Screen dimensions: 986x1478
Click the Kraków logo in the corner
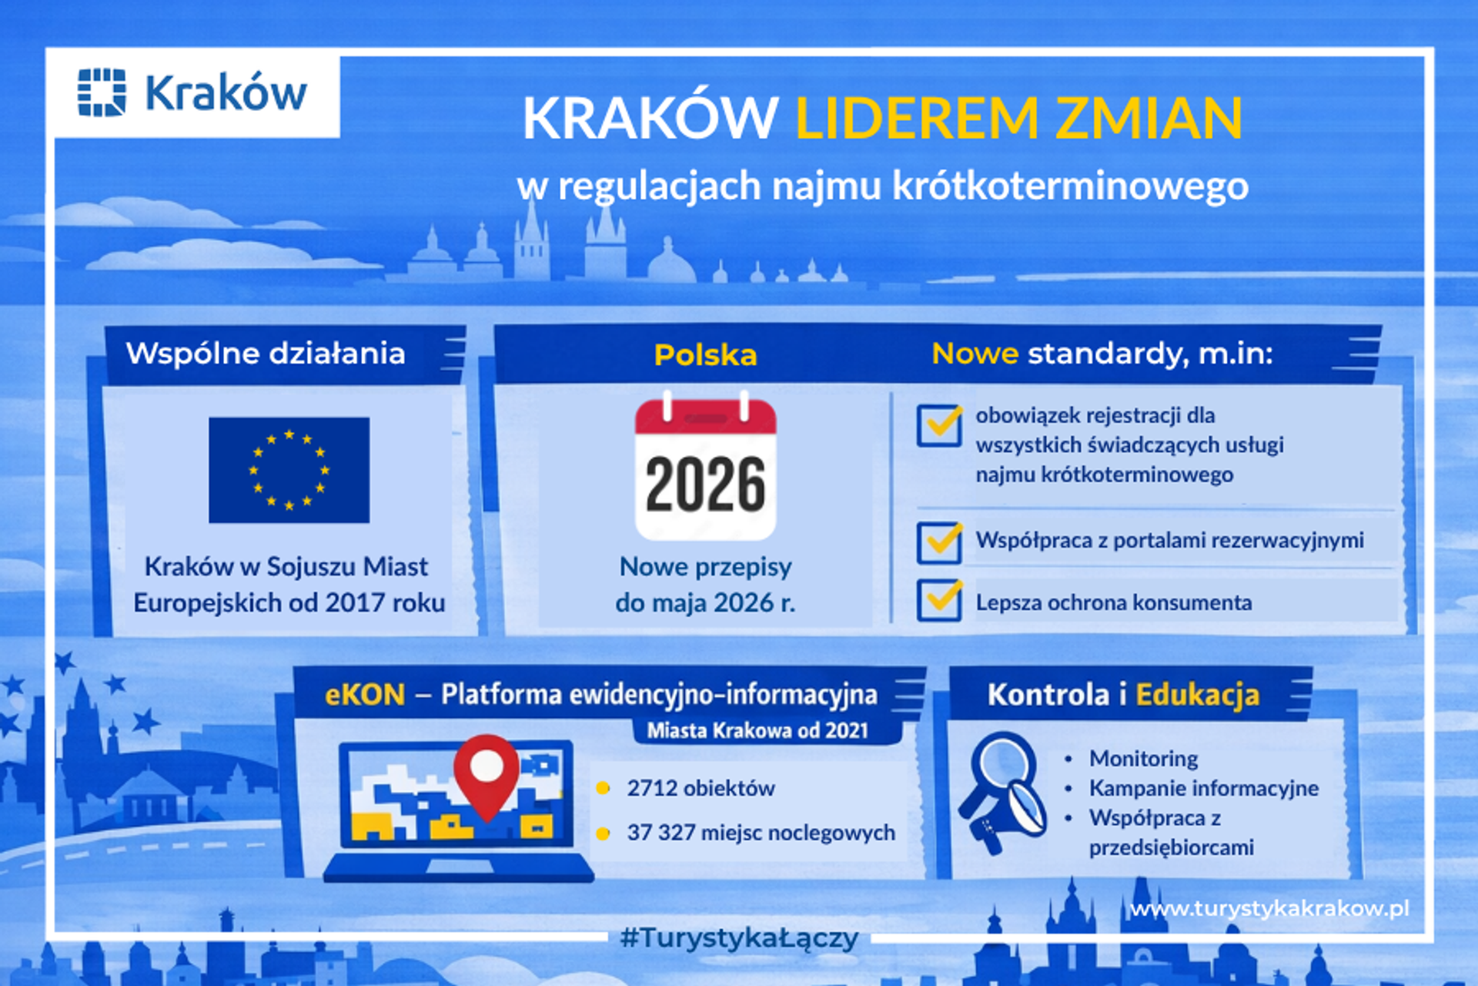tap(192, 93)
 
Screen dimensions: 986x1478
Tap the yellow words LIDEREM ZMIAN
tap(1018, 119)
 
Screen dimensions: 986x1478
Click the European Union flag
tap(289, 470)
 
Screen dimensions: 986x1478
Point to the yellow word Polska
tap(705, 355)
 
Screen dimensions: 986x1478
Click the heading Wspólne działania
tap(266, 354)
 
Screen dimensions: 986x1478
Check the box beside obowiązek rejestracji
tap(938, 425)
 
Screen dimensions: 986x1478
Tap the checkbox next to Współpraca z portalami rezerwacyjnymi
tap(938, 542)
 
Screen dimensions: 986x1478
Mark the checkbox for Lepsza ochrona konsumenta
tap(938, 600)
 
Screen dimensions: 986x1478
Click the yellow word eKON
tap(365, 695)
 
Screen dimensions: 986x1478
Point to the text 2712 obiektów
tap(701, 788)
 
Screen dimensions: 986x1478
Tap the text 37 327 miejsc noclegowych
tap(761, 833)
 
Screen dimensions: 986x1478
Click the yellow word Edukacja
tap(1197, 695)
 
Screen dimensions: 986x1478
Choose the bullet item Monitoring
tap(1143, 759)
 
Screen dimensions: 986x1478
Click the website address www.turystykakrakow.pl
tap(1269, 909)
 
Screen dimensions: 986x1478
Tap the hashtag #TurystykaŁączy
tap(739, 938)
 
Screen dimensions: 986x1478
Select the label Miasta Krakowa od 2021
tap(757, 730)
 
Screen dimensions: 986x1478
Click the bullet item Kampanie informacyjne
tap(1203, 788)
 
